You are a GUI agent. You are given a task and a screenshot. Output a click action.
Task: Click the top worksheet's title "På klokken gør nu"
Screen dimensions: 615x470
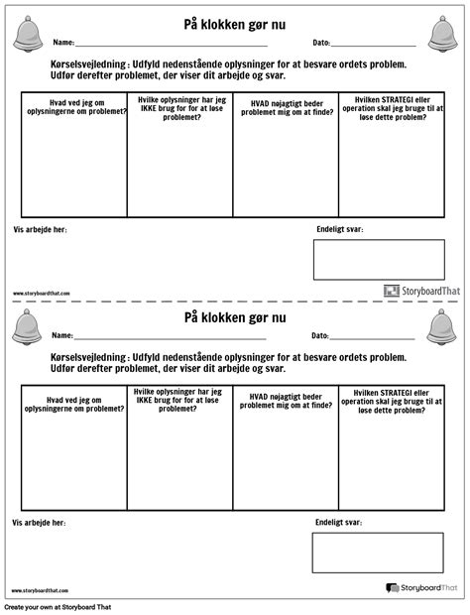tap(235, 24)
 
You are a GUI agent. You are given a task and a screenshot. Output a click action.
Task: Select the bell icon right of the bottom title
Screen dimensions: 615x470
tap(442, 326)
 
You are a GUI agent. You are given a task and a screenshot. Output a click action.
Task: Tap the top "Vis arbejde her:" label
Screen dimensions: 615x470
tap(40, 229)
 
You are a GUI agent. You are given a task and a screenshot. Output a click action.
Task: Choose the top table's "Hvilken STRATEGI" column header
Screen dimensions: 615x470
tap(391, 106)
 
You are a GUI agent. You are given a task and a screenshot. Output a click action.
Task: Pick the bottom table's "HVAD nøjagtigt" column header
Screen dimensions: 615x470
tap(286, 400)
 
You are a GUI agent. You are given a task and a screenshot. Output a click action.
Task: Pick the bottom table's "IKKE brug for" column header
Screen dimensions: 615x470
tap(179, 400)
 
